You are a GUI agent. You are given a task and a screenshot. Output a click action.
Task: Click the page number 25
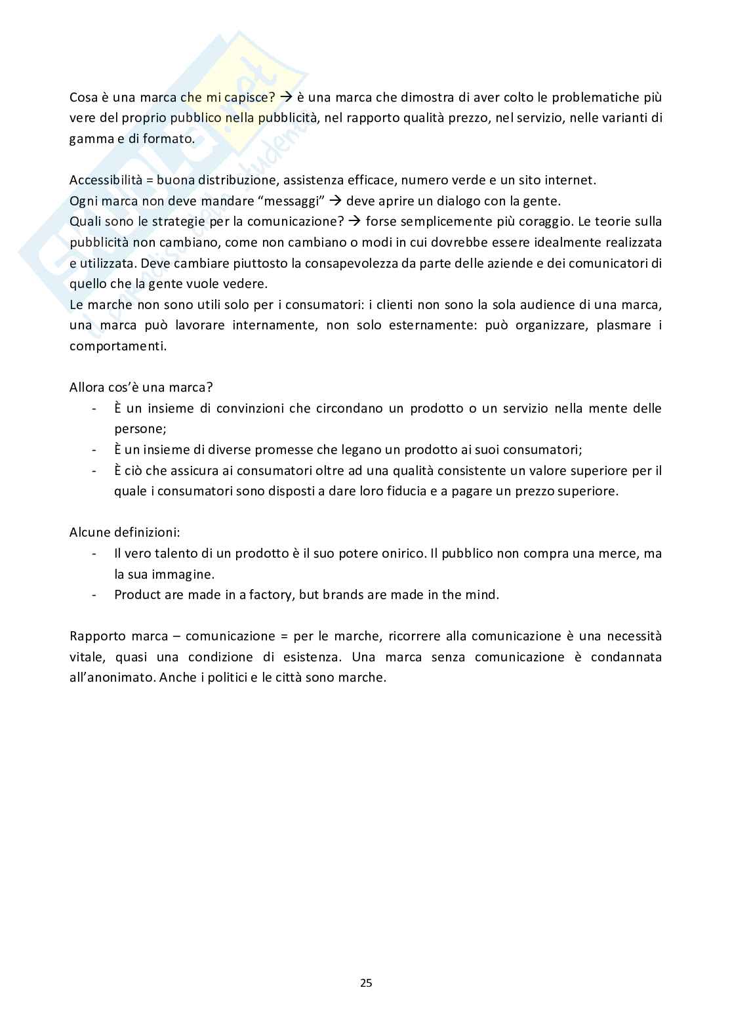(366, 982)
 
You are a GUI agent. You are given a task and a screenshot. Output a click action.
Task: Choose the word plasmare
(624, 325)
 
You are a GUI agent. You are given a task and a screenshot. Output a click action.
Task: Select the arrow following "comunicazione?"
(355, 222)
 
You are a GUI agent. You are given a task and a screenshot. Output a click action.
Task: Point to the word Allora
(88, 387)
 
